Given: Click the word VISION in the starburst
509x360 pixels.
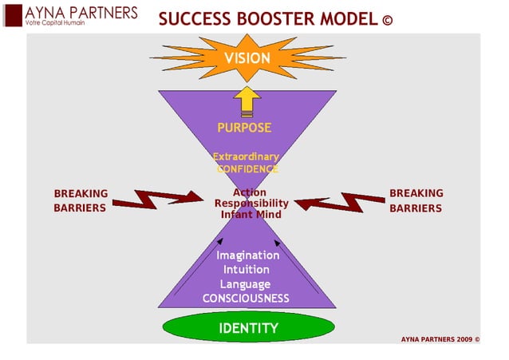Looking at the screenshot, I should click(x=247, y=57).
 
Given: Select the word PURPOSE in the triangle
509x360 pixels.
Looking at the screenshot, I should click(x=245, y=128).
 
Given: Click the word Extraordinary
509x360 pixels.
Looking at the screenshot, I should click(x=245, y=156).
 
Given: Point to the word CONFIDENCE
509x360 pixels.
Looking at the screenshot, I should click(x=247, y=169).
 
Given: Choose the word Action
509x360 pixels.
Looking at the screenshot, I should click(x=250, y=192).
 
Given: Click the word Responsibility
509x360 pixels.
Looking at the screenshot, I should click(x=251, y=203).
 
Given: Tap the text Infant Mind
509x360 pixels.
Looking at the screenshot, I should click(x=251, y=214).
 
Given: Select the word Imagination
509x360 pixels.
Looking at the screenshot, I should click(x=248, y=255).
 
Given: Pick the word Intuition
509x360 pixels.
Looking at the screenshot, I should click(x=246, y=270).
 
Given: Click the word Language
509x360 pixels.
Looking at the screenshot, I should click(x=246, y=284).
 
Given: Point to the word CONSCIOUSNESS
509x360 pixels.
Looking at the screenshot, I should click(x=246, y=299).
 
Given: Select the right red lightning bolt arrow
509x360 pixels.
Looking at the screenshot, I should click(x=336, y=202).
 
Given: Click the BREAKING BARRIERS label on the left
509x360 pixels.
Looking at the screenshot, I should click(x=81, y=201).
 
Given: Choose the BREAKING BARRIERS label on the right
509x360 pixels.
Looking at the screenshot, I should click(x=416, y=201).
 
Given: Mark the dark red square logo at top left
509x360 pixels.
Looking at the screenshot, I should click(x=12, y=17).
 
